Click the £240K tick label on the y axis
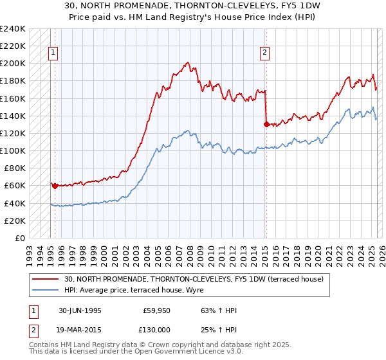coord(12,29)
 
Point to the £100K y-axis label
coord(12,150)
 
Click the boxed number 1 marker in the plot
coord(52,53)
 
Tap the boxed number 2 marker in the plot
coord(265,53)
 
